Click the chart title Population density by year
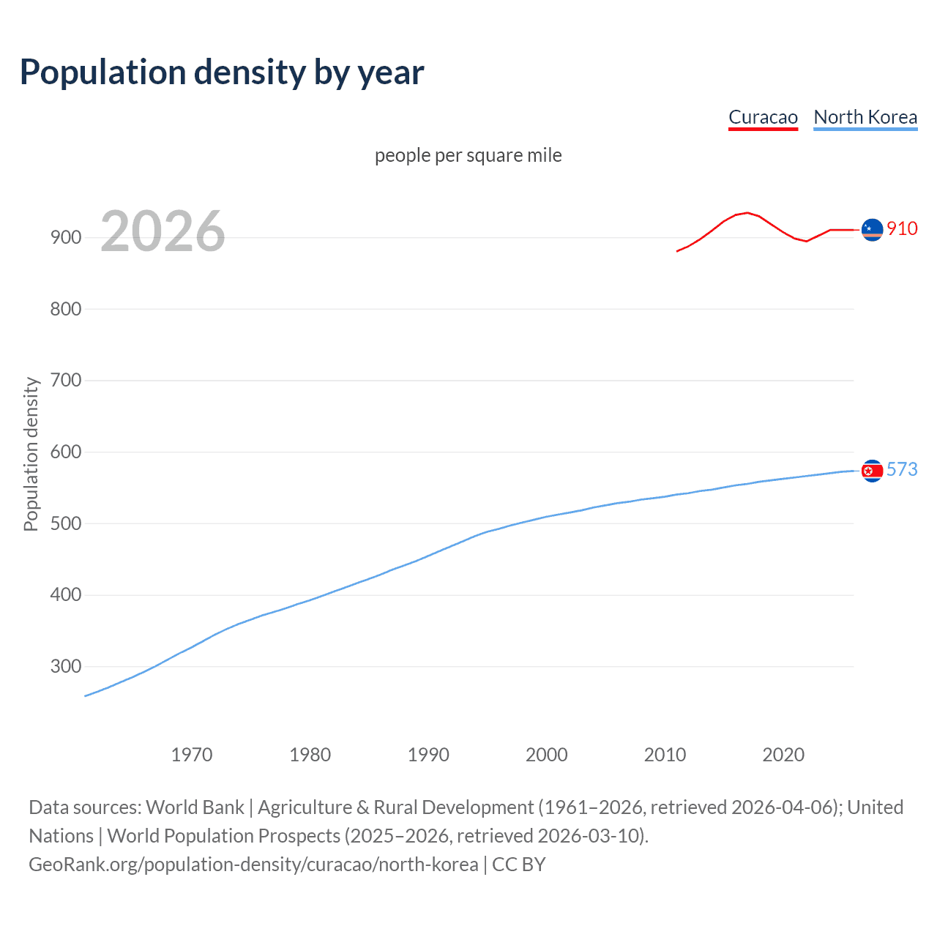(222, 72)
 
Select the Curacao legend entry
(763, 117)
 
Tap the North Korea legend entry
(865, 117)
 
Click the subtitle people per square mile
(468, 155)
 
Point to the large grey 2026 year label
(163, 231)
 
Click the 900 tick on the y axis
(65, 237)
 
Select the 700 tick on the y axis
(65, 380)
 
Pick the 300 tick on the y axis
(65, 666)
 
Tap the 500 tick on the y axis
(65, 523)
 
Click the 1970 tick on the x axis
(192, 755)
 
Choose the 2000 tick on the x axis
(547, 755)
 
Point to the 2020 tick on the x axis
(783, 755)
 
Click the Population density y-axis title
(31, 454)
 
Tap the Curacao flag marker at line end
(872, 229)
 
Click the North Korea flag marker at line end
(872, 471)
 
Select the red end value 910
(902, 228)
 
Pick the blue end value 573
(902, 469)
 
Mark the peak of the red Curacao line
(747, 213)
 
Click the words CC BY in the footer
(519, 865)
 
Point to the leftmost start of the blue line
(86, 695)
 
